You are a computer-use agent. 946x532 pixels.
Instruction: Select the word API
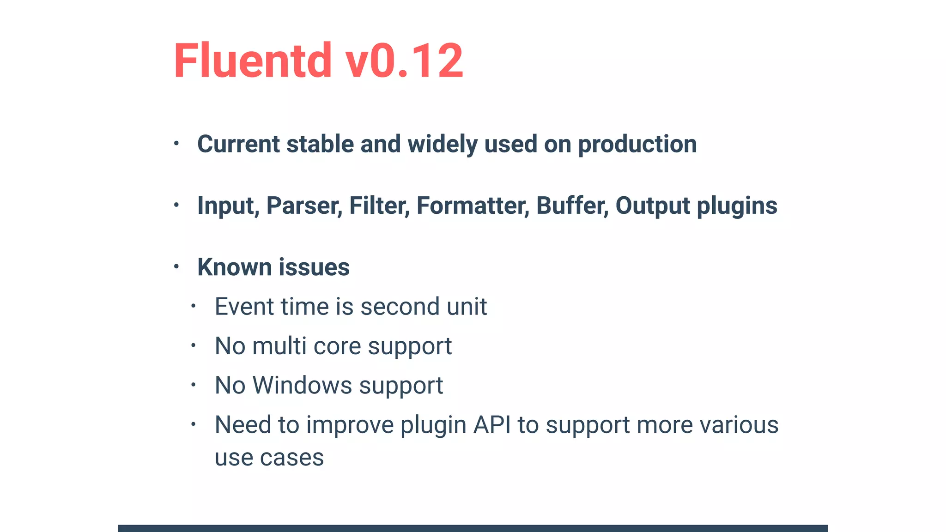(492, 425)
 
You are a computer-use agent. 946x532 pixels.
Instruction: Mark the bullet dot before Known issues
(176, 266)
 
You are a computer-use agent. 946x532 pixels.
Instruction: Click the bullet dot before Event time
(194, 306)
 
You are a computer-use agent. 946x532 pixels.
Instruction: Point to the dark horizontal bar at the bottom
(473, 528)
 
